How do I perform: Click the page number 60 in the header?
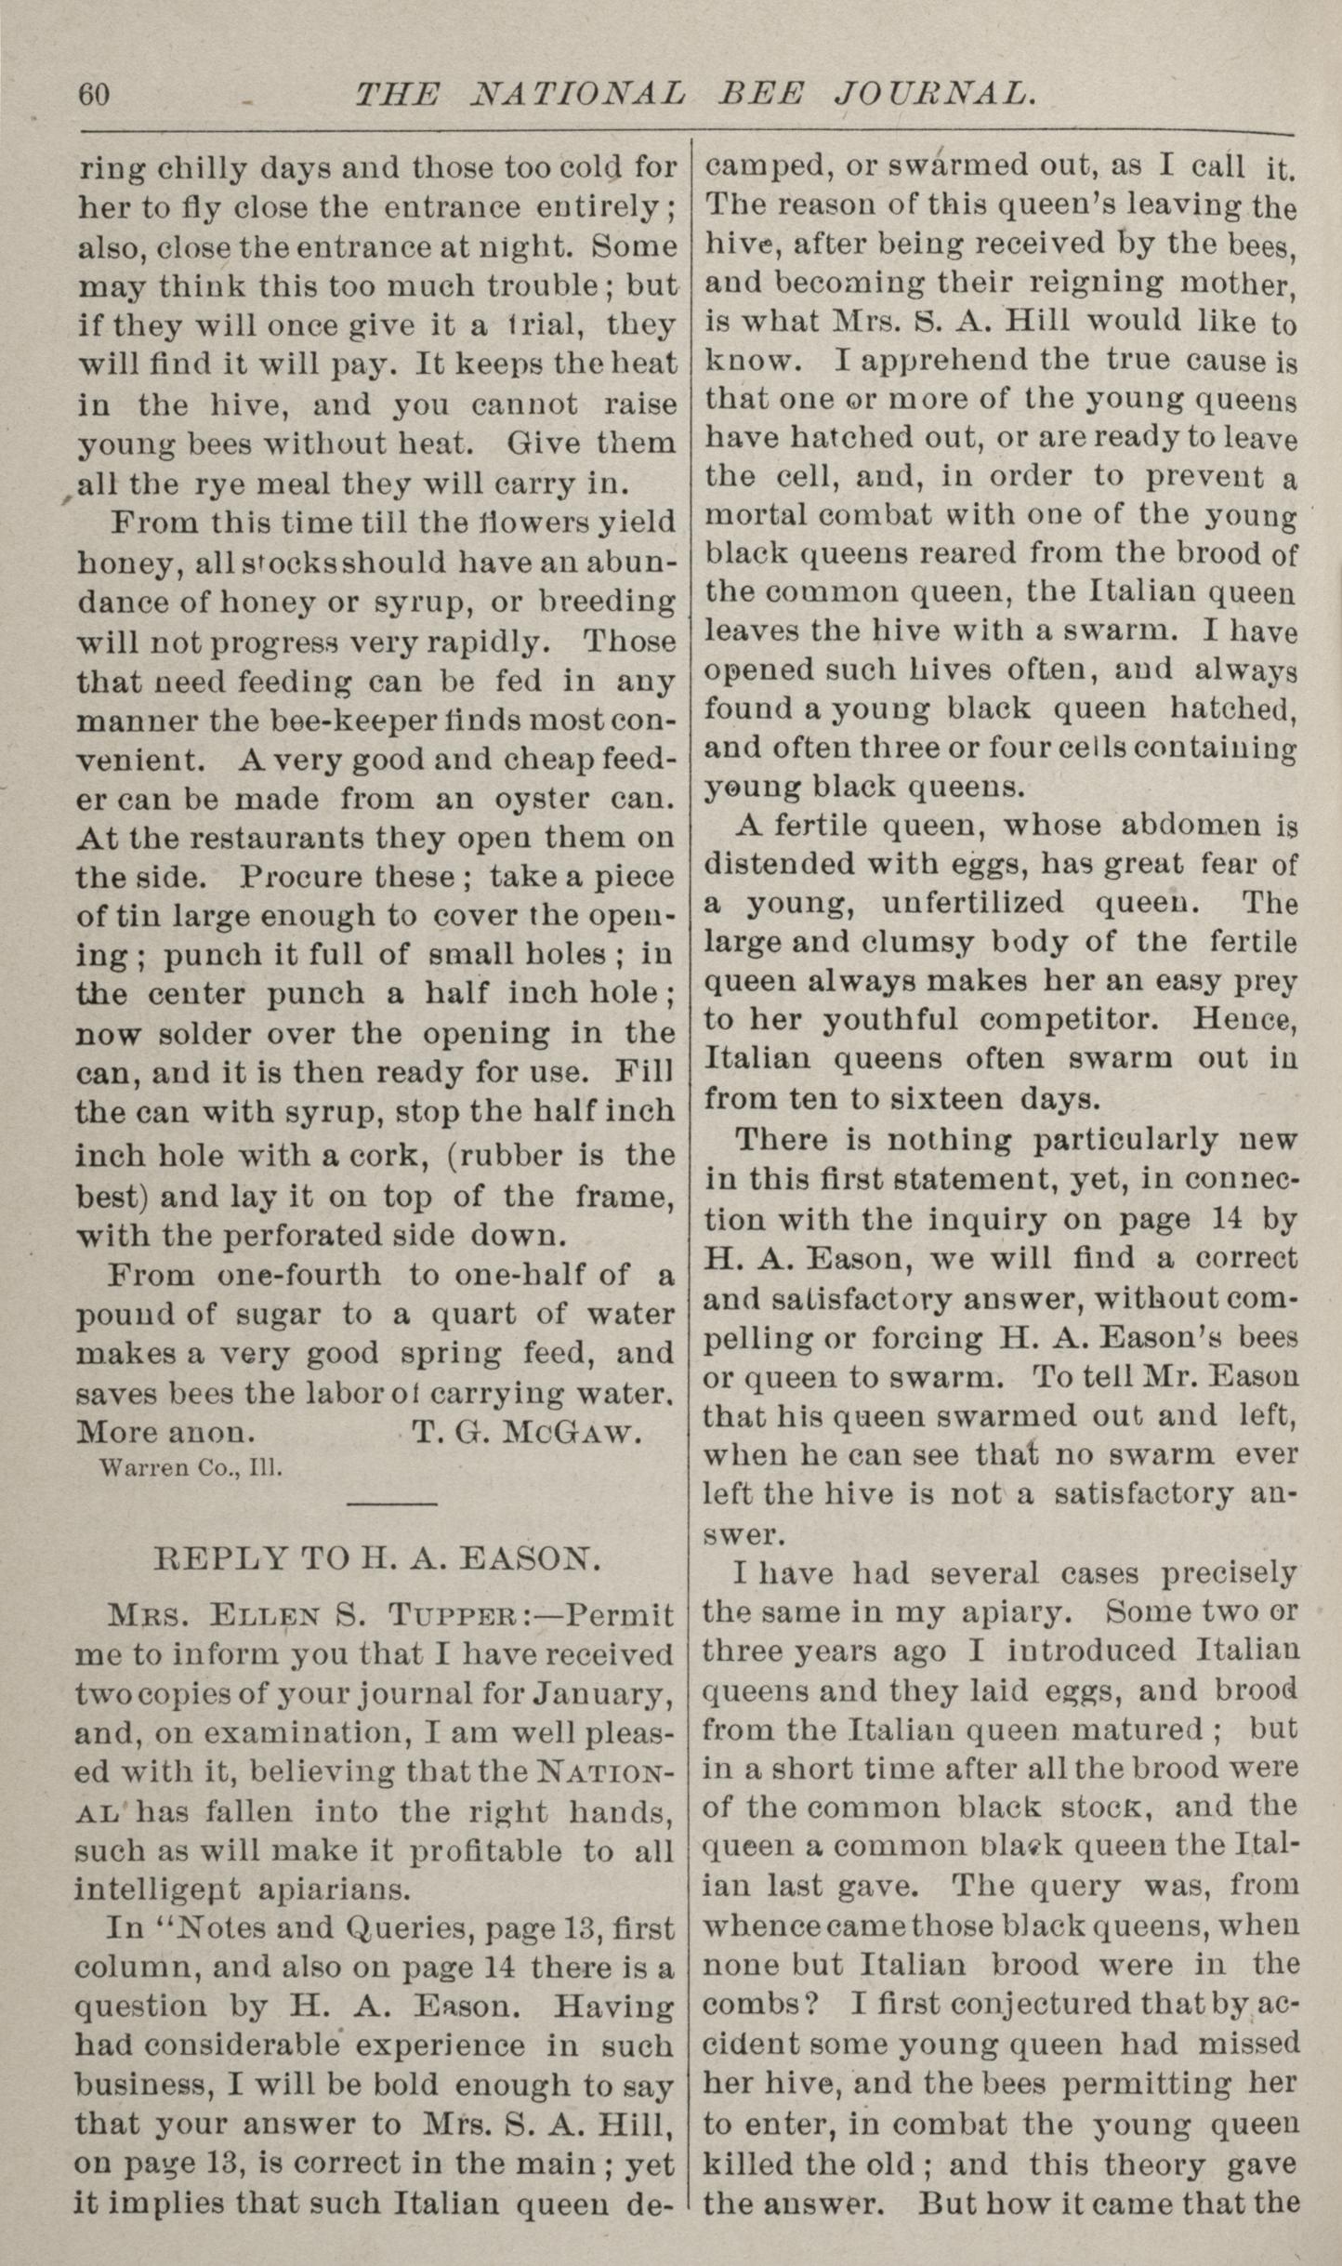95,95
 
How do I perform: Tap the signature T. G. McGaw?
526,1433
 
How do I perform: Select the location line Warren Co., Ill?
190,1468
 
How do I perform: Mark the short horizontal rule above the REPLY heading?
390,1504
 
